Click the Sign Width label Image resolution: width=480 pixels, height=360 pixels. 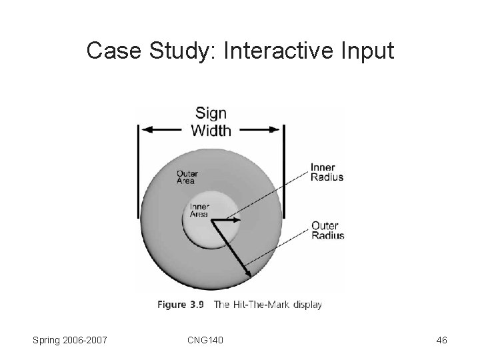(211, 121)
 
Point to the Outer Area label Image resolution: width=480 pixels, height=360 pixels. (188, 176)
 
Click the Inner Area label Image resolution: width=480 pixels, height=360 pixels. (199, 210)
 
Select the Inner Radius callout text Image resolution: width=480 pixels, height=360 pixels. (327, 172)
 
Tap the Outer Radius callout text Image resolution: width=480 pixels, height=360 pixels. (328, 230)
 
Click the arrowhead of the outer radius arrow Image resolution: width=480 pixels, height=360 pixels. (249, 272)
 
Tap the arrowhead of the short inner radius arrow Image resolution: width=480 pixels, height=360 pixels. (241, 218)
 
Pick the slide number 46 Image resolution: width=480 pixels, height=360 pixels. (441, 341)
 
